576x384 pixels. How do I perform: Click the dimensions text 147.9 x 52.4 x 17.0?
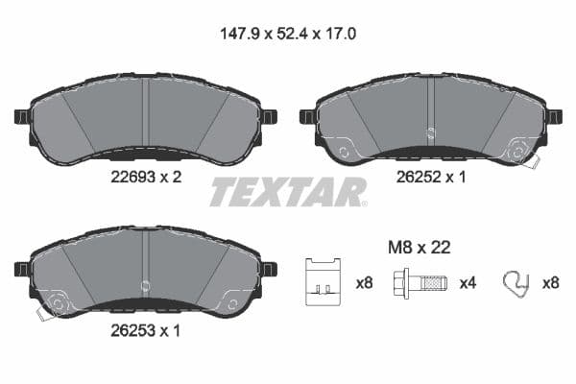pyautogui.click(x=288, y=31)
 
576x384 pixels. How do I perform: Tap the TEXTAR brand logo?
pyautogui.click(x=288, y=192)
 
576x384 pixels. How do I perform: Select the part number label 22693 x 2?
pyautogui.click(x=145, y=176)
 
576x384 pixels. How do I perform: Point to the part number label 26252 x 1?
pyautogui.click(x=431, y=176)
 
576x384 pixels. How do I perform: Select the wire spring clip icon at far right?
pyautogui.click(x=516, y=282)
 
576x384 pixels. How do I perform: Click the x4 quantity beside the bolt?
pyautogui.click(x=467, y=283)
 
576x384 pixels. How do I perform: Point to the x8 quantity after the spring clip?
pyautogui.click(x=552, y=283)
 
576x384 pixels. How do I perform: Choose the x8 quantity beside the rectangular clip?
pyautogui.click(x=364, y=283)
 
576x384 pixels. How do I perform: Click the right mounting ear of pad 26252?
pyautogui.click(x=555, y=116)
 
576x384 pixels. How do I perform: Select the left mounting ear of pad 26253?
pyautogui.click(x=21, y=269)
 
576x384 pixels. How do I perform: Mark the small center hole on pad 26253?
pyautogui.click(x=145, y=285)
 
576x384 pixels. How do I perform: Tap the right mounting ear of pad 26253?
pyautogui.click(x=270, y=269)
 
